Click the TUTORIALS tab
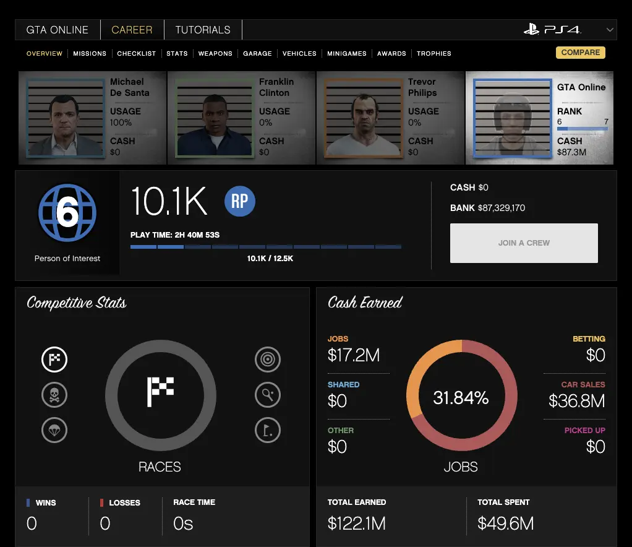202,30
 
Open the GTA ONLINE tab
58,30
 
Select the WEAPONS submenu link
215,54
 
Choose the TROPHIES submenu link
433,54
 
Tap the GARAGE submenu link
257,54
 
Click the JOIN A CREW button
524,243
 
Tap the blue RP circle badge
240,202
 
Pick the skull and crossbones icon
54,395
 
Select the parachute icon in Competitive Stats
54,429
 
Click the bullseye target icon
268,360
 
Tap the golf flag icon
268,429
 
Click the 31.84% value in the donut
461,398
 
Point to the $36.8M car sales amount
576,401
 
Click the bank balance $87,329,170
502,208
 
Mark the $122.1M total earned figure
357,523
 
